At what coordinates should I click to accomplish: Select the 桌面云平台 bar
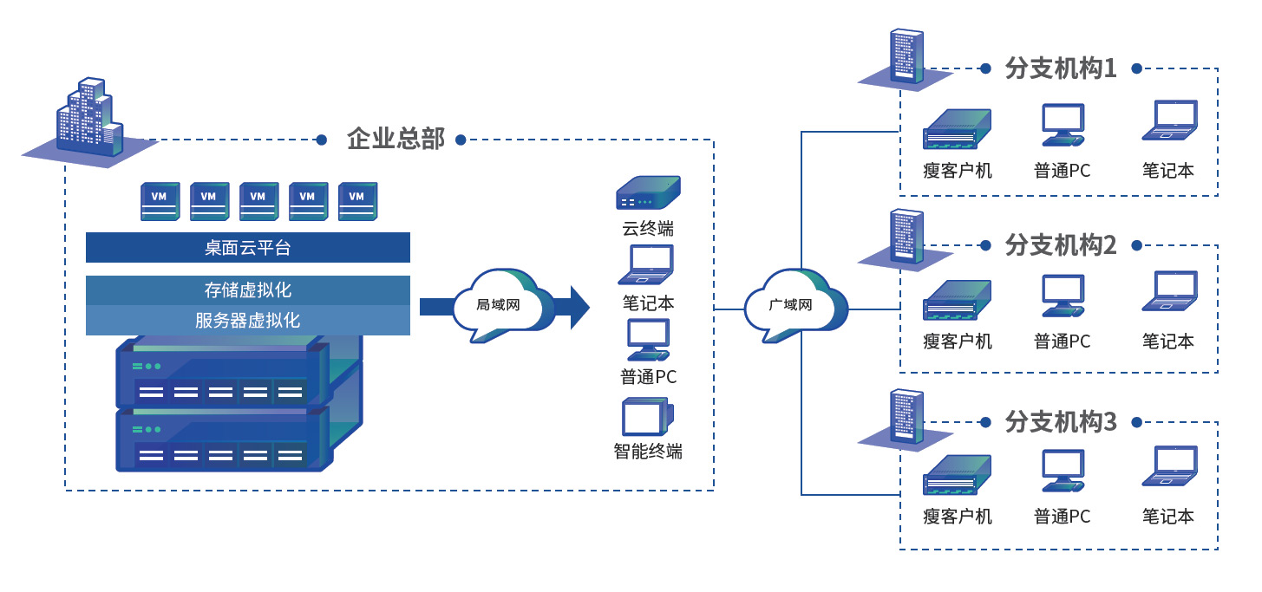click(x=247, y=248)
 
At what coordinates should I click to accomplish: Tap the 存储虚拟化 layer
click(x=247, y=289)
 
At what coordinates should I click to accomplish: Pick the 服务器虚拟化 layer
click(x=247, y=320)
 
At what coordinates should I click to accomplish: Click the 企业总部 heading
click(x=396, y=139)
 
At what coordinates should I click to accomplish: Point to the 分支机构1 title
click(x=1060, y=68)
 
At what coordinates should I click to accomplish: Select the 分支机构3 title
click(x=1060, y=422)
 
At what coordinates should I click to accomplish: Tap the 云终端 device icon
click(x=648, y=193)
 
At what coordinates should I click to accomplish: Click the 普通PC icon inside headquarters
click(x=648, y=340)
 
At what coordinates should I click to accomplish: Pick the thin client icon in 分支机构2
click(x=958, y=300)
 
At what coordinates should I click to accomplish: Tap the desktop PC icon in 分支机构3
click(x=1063, y=471)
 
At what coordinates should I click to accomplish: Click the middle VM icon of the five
click(x=258, y=200)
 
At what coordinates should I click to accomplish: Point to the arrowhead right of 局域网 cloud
click(x=578, y=306)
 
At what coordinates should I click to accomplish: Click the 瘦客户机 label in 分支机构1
click(x=958, y=171)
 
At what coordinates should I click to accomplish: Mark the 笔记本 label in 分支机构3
click(x=1168, y=517)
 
